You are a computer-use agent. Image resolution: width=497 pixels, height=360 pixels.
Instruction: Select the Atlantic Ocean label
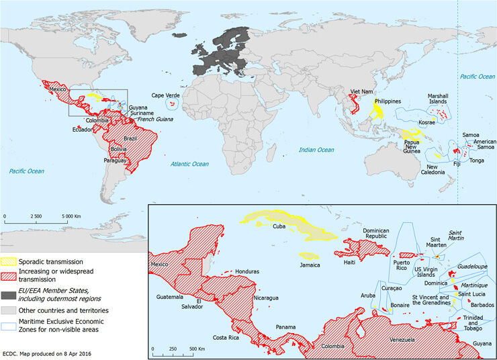pyautogui.click(x=189, y=164)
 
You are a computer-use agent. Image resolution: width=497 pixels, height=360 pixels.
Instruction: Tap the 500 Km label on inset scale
pyautogui.click(x=195, y=349)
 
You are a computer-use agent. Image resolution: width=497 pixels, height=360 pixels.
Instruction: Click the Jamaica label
pyautogui.click(x=310, y=265)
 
